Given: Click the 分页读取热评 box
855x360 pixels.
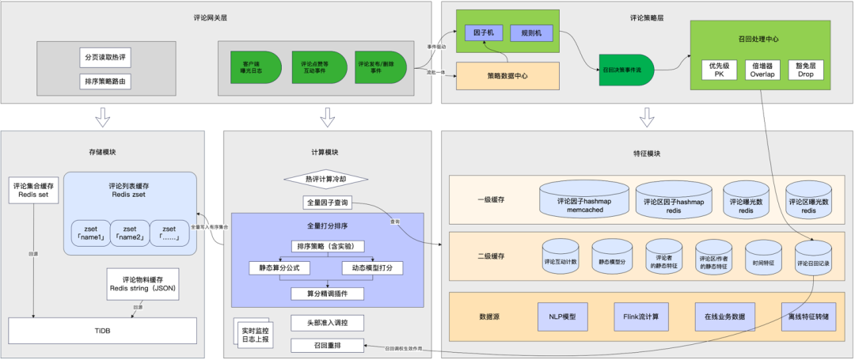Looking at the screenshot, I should click(105, 58).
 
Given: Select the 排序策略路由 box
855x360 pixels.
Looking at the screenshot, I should click(105, 81).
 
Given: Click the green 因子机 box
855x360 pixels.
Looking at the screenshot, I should click(484, 34).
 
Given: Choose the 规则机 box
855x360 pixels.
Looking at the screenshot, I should click(532, 34).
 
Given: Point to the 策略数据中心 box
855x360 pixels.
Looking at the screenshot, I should click(508, 75).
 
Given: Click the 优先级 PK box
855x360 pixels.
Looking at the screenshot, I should click(719, 69).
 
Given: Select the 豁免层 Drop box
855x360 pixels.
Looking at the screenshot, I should click(806, 69).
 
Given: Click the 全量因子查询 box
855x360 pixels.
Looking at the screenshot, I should click(326, 203).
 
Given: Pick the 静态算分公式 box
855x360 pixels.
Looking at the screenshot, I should click(277, 267).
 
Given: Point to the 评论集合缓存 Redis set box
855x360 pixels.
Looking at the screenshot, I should click(34, 191).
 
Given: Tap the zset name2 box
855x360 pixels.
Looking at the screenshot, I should click(129, 232).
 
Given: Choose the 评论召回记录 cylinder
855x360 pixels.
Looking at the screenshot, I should click(813, 260).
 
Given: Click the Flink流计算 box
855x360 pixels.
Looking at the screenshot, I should click(640, 316).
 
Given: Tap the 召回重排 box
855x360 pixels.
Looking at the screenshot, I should click(326, 345).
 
